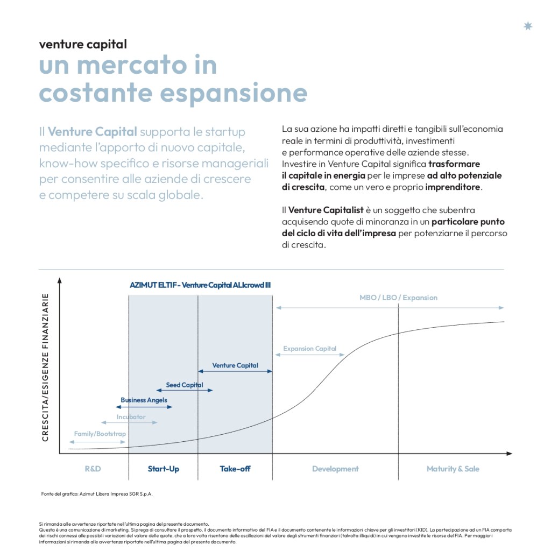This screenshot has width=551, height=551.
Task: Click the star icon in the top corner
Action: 528,26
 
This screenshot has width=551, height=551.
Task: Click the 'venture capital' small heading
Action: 83,44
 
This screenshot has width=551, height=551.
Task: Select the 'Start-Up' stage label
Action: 164,469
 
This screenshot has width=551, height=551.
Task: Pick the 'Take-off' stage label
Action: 235,469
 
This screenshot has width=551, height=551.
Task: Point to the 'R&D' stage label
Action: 93,469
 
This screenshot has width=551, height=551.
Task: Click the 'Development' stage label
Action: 335,469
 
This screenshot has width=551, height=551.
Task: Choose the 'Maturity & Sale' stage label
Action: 453,469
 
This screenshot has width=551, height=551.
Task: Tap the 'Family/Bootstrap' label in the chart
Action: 100,434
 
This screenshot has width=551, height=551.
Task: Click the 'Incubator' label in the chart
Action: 131,417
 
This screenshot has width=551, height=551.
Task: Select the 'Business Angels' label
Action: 144,400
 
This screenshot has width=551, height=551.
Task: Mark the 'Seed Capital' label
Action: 185,385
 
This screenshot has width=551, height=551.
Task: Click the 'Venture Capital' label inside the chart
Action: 235,365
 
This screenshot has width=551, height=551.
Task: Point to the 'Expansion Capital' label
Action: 310,349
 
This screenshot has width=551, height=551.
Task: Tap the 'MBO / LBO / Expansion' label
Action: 398,298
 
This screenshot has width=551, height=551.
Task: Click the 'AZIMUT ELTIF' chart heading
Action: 200,285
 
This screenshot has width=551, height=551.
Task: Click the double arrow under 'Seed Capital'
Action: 185,390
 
